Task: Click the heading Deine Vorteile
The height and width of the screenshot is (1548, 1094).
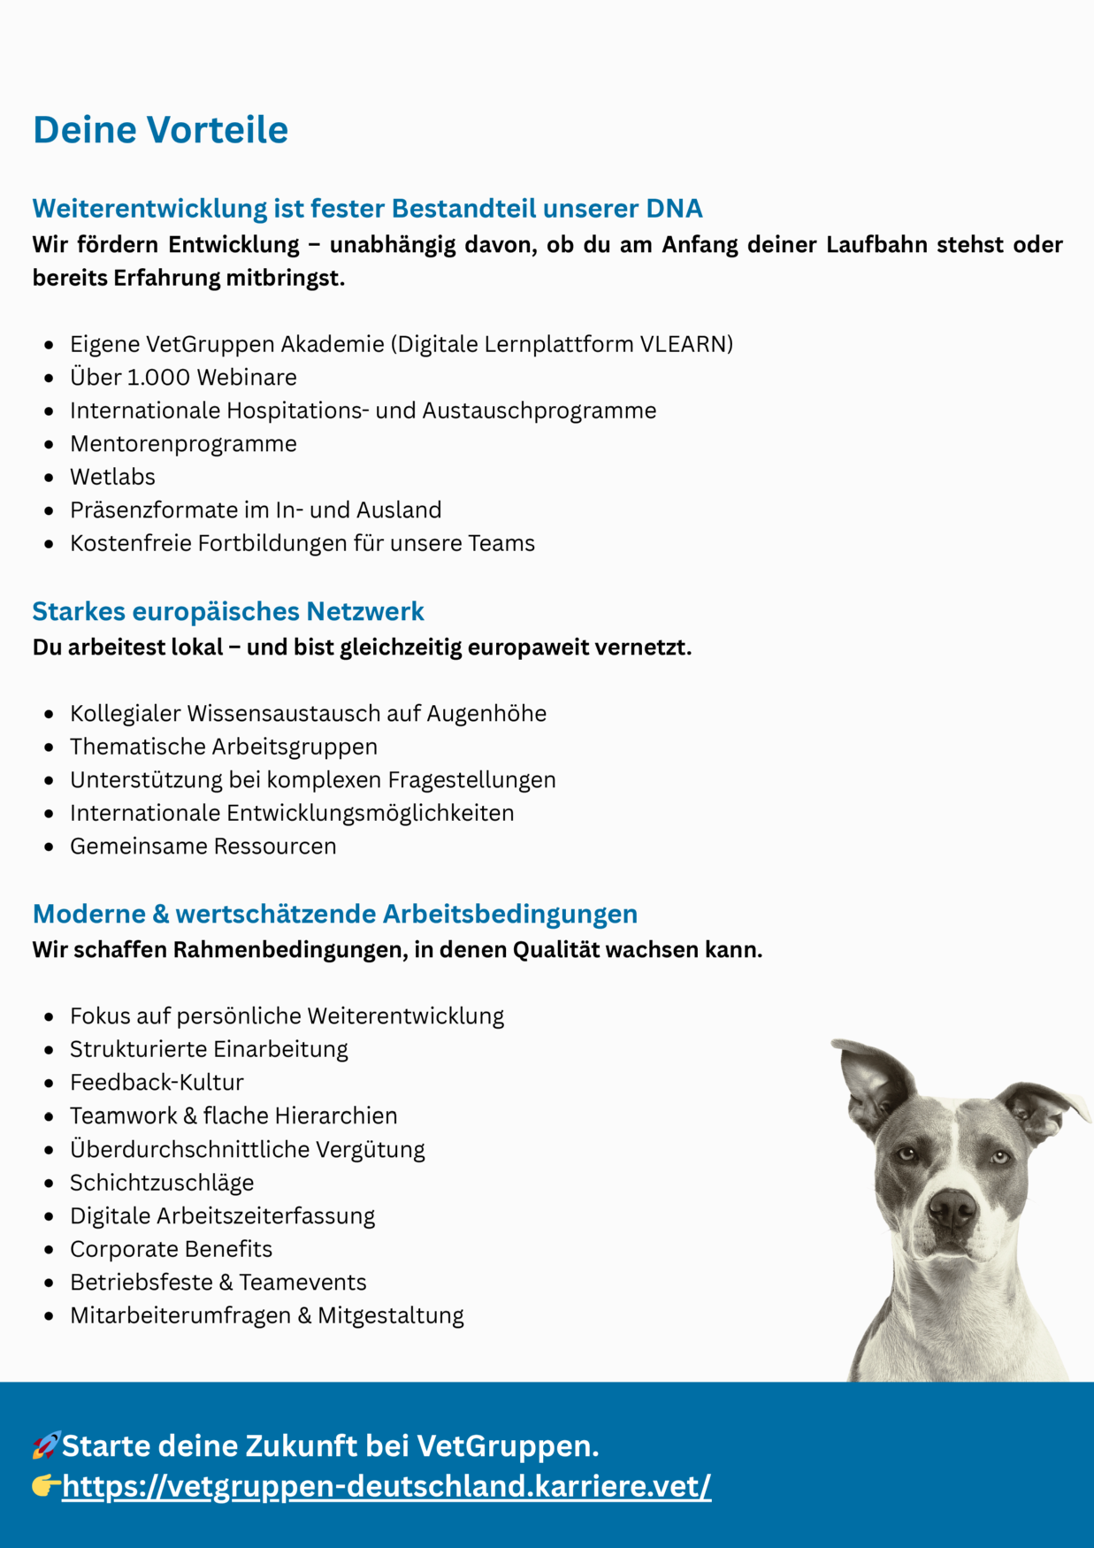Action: pyautogui.click(x=160, y=129)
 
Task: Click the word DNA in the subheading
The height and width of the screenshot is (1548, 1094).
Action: pyautogui.click(x=674, y=208)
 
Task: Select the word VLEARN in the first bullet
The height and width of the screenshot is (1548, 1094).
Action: pyautogui.click(x=684, y=344)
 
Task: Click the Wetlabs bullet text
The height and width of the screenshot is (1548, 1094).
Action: pyautogui.click(x=112, y=477)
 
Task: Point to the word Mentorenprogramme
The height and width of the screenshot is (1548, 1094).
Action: pyautogui.click(x=183, y=444)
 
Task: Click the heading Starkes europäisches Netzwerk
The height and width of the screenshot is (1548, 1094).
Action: pyautogui.click(x=228, y=611)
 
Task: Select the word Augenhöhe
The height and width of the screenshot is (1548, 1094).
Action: pyautogui.click(x=486, y=714)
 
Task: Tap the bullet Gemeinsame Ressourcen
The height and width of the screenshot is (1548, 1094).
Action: pyautogui.click(x=203, y=847)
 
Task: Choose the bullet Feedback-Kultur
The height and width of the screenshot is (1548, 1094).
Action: pyautogui.click(x=157, y=1083)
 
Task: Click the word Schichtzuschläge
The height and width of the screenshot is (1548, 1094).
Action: pyautogui.click(x=162, y=1183)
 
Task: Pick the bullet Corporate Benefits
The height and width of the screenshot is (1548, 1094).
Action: pyautogui.click(x=171, y=1249)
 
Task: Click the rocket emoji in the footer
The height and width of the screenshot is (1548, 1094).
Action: pyautogui.click(x=46, y=1445)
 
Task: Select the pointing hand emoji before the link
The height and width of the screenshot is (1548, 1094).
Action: pyautogui.click(x=46, y=1486)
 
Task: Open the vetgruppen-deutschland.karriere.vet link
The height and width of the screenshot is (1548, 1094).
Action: pyautogui.click(x=386, y=1486)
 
